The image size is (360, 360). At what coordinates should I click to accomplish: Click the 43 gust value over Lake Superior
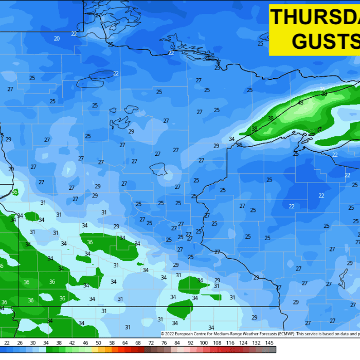[x=301, y=102]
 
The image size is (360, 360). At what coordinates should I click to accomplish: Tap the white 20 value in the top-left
[x=57, y=39]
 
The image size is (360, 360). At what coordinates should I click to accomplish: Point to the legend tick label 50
[x=98, y=343]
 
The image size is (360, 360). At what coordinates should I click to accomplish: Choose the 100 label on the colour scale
[x=204, y=343]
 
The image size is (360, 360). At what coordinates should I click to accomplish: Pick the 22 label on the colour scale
[x=6, y=343]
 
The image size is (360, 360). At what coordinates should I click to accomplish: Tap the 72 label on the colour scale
[x=151, y=343]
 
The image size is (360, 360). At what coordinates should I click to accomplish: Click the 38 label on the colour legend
[x=59, y=343]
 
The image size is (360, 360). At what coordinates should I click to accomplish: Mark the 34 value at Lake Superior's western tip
[x=231, y=139]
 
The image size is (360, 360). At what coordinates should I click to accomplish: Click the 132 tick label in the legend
[x=257, y=343]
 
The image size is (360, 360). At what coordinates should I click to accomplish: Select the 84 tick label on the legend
[x=177, y=343]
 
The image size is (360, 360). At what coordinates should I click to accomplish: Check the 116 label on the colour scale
[x=230, y=343]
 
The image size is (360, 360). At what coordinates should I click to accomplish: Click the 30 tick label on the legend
[x=32, y=343]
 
